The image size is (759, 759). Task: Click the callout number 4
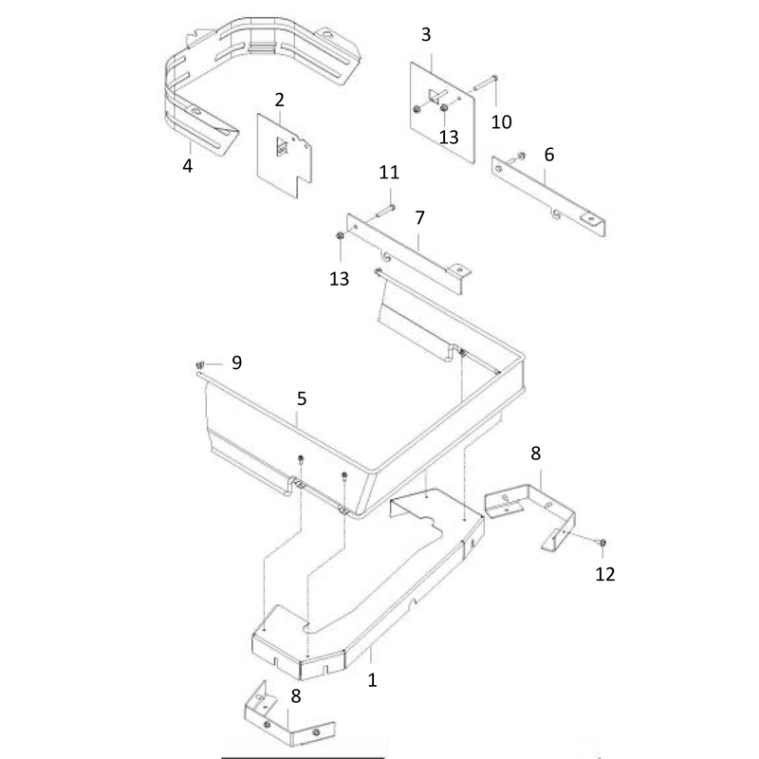[x=187, y=166]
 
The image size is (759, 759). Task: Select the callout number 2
[x=279, y=101]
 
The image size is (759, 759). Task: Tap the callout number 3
[x=426, y=35]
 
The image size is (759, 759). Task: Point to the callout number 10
[x=501, y=122]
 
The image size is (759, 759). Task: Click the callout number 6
[x=549, y=155]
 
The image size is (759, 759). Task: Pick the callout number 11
[x=389, y=173]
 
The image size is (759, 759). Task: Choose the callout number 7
[x=419, y=218]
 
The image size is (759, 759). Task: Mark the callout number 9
[x=236, y=362]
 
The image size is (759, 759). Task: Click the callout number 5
[x=302, y=398]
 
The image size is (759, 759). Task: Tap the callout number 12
[x=604, y=574]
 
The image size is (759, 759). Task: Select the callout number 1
[x=372, y=680]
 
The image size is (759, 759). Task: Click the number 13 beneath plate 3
[x=449, y=137]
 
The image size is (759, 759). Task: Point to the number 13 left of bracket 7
[x=339, y=279]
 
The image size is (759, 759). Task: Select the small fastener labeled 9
[x=200, y=364]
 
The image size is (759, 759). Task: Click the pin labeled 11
[x=385, y=211]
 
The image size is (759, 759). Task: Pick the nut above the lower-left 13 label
[x=340, y=235]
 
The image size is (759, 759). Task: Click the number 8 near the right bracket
[x=535, y=454]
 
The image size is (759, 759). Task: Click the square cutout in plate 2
[x=282, y=147]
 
